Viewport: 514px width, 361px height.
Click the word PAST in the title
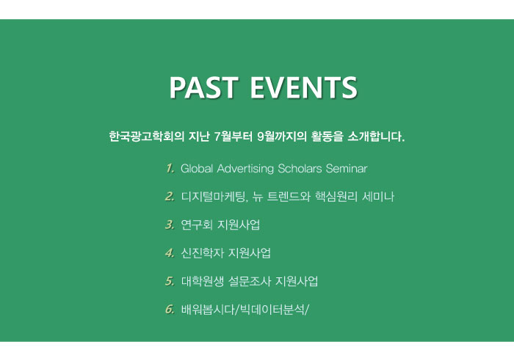pyautogui.click(x=203, y=87)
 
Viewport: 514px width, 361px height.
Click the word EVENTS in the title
pyautogui.click(x=303, y=87)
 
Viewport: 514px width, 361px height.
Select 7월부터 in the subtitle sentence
pyautogui.click(x=233, y=136)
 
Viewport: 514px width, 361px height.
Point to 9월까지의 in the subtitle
pyautogui.click(x=282, y=136)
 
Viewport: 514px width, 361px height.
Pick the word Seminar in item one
pyautogui.click(x=347, y=168)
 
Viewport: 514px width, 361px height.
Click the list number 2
pyautogui.click(x=170, y=197)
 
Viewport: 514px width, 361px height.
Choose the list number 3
pyautogui.click(x=170, y=225)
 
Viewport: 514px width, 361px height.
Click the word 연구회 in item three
pyautogui.click(x=197, y=225)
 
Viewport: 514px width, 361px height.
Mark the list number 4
pyautogui.click(x=170, y=253)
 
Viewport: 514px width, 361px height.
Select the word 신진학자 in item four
pyautogui.click(x=202, y=253)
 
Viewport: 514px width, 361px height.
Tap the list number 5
pyautogui.click(x=170, y=281)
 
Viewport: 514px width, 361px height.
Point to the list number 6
pyautogui.click(x=170, y=309)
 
